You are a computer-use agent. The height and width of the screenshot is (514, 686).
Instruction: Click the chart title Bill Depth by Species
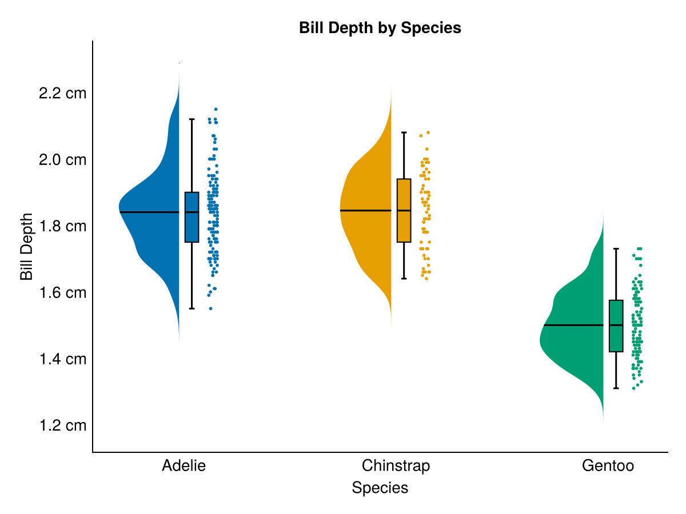380,27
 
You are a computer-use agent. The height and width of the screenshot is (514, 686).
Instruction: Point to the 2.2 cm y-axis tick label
62,93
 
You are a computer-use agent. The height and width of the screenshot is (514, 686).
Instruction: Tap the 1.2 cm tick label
62,425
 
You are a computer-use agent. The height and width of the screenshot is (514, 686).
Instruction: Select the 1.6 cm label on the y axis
62,292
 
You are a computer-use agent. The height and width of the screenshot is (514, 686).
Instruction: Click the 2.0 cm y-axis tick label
62,159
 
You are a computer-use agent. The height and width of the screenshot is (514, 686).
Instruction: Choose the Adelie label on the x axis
184,465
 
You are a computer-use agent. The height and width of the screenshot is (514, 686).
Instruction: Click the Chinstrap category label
396,465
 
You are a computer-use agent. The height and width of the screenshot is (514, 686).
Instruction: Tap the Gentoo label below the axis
608,465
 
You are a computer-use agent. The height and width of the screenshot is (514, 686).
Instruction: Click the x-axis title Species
380,488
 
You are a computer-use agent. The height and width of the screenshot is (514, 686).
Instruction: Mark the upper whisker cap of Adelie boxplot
192,119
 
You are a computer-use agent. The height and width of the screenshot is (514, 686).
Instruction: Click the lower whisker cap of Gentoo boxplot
616,388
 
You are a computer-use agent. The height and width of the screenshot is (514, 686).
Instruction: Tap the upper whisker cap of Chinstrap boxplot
404,132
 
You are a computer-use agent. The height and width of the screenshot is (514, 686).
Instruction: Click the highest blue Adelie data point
216,109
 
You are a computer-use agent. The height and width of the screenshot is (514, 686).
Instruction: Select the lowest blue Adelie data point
210,308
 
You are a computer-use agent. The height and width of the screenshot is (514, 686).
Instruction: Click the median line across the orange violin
366,211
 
